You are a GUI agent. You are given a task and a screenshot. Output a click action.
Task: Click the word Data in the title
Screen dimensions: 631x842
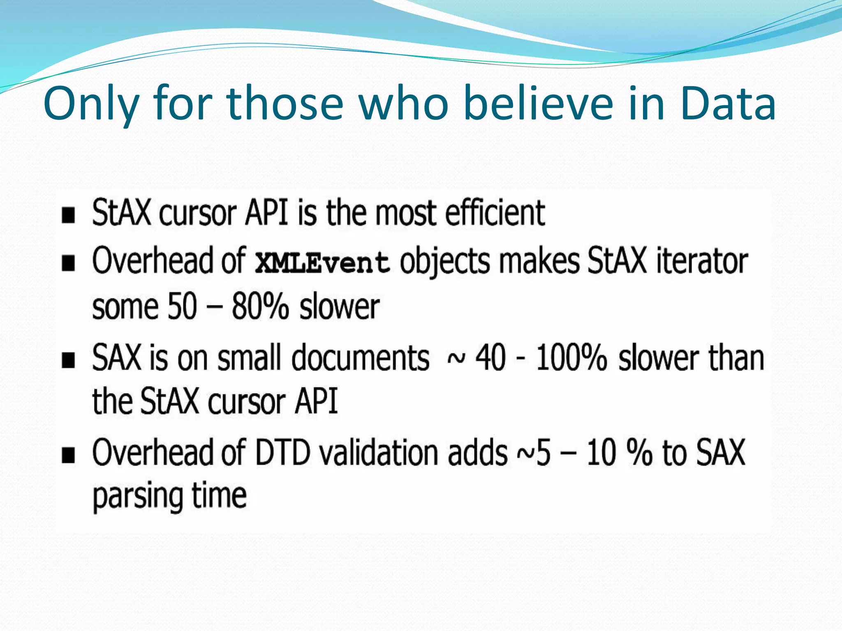pos(728,104)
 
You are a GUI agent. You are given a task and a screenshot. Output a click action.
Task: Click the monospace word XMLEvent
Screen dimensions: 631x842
pos(322,263)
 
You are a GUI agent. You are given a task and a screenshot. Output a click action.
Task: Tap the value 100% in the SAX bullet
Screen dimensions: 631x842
pos(571,358)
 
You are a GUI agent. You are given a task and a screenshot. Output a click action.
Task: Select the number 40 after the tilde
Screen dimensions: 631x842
pos(490,358)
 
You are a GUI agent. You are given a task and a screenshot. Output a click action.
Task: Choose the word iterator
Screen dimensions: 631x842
pos(702,261)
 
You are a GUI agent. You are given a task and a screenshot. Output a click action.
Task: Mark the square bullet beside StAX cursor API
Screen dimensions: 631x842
pos(68,215)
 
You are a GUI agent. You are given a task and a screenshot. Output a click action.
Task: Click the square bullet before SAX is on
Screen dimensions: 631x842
pos(68,360)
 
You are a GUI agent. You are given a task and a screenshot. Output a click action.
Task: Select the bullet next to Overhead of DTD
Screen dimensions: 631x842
pos(68,455)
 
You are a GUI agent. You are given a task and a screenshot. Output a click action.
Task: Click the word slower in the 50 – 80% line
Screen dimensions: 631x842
pos(340,307)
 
